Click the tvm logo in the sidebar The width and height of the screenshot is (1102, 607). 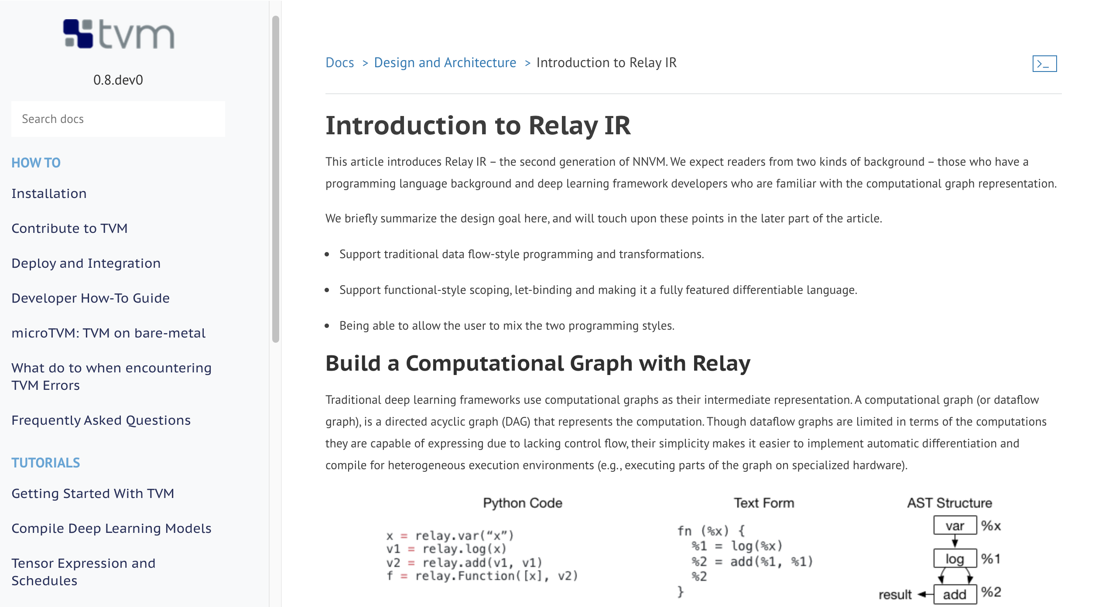click(119, 34)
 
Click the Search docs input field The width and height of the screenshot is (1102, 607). click(118, 119)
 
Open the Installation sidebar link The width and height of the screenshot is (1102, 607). click(49, 194)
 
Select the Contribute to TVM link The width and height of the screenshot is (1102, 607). click(69, 228)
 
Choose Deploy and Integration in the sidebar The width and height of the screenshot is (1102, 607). click(86, 263)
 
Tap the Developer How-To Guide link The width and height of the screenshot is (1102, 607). click(90, 298)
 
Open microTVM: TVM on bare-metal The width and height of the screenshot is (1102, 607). click(108, 333)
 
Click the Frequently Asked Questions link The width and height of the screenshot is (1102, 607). click(101, 420)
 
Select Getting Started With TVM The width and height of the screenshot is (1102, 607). click(92, 494)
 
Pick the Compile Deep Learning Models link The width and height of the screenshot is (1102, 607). click(111, 529)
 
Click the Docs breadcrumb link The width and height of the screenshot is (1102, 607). click(339, 63)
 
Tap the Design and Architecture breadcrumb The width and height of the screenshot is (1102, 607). click(445, 63)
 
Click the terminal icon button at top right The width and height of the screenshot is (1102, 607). click(1044, 64)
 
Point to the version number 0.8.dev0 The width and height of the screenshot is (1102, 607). click(118, 80)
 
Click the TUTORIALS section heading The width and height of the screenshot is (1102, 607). click(46, 463)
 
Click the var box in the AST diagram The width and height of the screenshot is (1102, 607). click(955, 526)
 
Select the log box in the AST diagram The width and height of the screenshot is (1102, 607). click(955, 559)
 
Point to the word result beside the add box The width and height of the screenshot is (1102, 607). click(895, 595)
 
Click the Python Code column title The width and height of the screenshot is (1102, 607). click(522, 503)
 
